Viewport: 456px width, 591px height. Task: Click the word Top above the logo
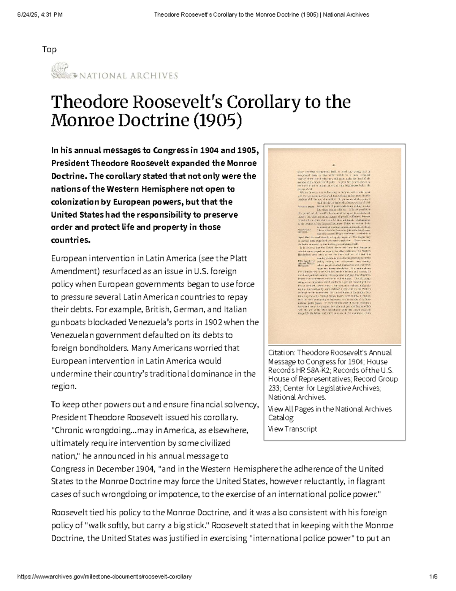pyautogui.click(x=49, y=49)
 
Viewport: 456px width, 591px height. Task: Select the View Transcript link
pyautogui.click(x=292, y=429)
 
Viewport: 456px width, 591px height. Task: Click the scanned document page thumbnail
pyautogui.click(x=334, y=245)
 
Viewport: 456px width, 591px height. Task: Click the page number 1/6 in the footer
pyautogui.click(x=433, y=577)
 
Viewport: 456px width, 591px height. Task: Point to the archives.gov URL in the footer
pyautogui.click(x=104, y=577)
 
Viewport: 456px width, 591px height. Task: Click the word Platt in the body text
pyautogui.click(x=239, y=258)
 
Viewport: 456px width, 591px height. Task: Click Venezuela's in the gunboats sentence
pyautogui.click(x=151, y=322)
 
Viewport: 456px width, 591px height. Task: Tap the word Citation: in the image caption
pyautogui.click(x=282, y=352)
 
